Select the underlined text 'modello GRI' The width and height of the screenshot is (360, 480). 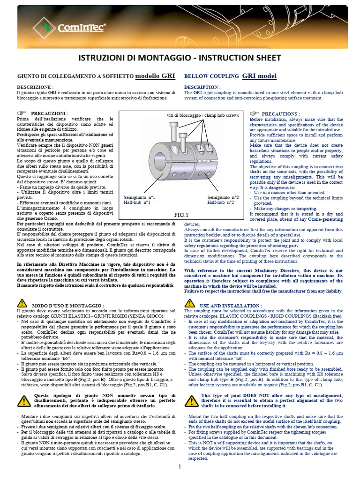pyautogui.click(x=155, y=76)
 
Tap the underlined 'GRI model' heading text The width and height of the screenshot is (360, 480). pyautogui.click(x=259, y=76)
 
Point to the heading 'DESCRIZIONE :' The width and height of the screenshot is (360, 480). pyautogui.click(x=35, y=88)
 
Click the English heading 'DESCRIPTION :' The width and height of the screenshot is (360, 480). pyautogui.click(x=202, y=87)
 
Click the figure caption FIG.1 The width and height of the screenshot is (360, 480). pyautogui.click(x=180, y=215)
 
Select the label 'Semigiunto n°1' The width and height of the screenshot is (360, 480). pyautogui.click(x=140, y=197)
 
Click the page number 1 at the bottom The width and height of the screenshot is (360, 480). pyautogui.click(x=180, y=467)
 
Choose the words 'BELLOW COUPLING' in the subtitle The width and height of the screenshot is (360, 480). pyautogui.click(x=211, y=76)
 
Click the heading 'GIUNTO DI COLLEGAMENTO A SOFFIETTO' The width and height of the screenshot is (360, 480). pyautogui.click(x=75, y=76)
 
